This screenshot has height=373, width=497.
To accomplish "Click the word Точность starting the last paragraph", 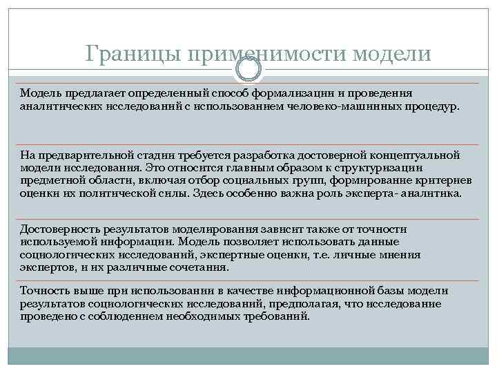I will (43, 290).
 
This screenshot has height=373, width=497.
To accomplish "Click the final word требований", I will (275, 316).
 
